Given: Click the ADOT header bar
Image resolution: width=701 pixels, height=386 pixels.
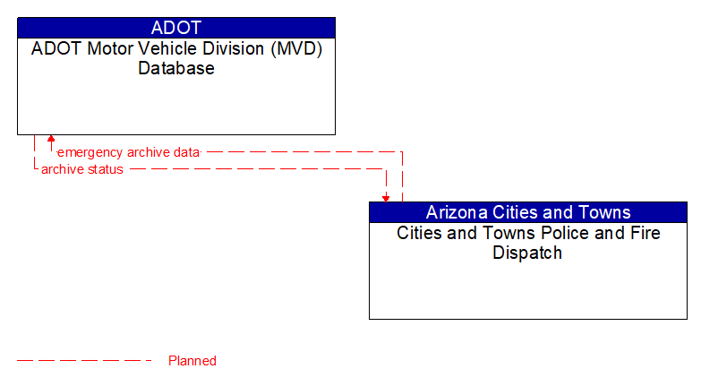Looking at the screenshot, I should [176, 27].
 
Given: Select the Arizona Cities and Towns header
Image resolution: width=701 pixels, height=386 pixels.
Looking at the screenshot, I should [528, 212].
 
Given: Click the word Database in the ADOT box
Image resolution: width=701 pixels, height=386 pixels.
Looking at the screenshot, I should [176, 68].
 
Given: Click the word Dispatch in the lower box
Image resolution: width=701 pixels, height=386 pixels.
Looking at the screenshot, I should [527, 253].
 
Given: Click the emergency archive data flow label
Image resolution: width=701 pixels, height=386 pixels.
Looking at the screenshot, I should [128, 152].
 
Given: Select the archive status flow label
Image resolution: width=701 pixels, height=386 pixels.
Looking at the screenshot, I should [82, 169].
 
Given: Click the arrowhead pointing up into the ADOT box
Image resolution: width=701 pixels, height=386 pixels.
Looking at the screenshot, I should [51, 140].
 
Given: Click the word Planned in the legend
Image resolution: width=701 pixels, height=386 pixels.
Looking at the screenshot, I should [192, 361].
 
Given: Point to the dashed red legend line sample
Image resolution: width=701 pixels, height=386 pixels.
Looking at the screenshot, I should [85, 361].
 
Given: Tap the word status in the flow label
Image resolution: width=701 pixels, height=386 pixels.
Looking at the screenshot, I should [106, 169].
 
